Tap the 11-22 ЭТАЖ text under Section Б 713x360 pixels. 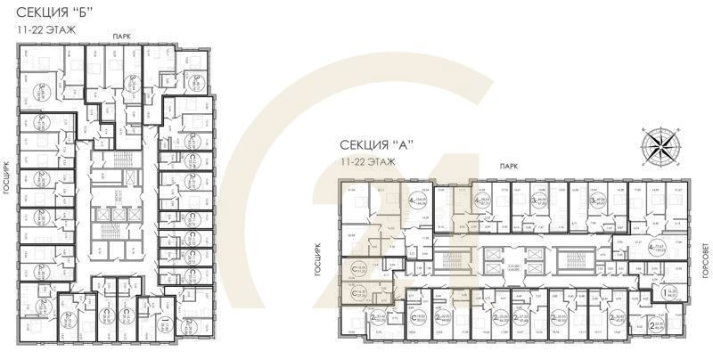pos(45,30)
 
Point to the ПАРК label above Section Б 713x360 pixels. pos(120,35)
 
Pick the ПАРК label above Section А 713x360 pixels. pos(508,166)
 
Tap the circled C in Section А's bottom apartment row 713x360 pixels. pos(415,316)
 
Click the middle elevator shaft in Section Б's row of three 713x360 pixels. pos(116,217)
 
